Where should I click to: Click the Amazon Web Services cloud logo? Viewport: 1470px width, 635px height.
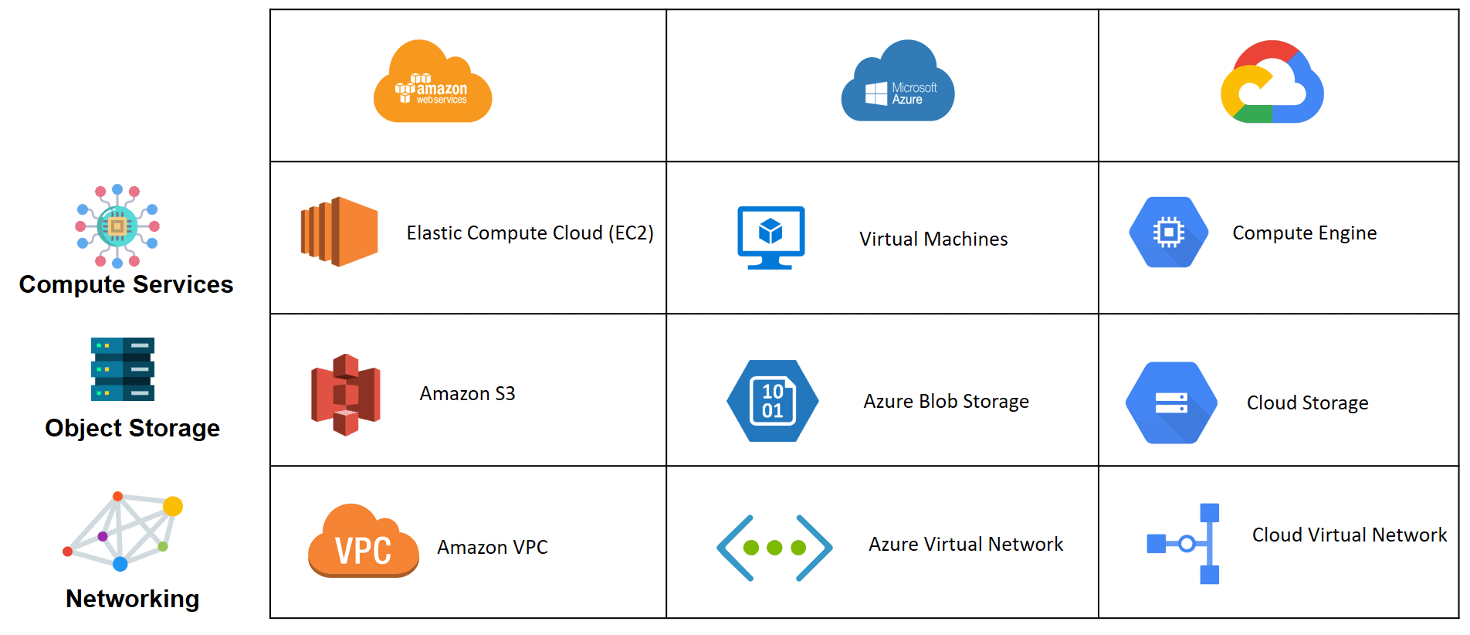(x=432, y=83)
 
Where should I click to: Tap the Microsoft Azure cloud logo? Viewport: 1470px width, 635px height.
(x=897, y=83)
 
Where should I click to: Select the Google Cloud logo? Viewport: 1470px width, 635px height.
(x=1272, y=83)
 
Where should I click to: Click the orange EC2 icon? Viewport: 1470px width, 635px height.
(x=339, y=232)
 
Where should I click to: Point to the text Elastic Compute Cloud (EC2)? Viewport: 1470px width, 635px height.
(x=530, y=233)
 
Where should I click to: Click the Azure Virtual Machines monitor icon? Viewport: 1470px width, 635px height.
(x=771, y=236)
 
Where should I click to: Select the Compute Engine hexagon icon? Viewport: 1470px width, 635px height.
(x=1168, y=233)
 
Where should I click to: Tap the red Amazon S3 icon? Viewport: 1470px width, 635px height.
(x=345, y=395)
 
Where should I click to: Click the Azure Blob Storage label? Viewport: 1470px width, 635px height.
(x=946, y=402)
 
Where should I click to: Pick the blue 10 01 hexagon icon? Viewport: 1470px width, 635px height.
(x=772, y=401)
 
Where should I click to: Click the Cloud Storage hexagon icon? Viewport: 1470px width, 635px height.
(x=1171, y=402)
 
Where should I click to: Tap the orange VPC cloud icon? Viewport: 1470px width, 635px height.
(x=363, y=542)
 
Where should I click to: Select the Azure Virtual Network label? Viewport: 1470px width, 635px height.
(x=965, y=545)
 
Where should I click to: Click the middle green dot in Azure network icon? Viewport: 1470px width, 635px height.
(x=774, y=548)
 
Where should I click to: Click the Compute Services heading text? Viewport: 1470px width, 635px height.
(x=126, y=284)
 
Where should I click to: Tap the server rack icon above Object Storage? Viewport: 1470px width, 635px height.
(x=122, y=369)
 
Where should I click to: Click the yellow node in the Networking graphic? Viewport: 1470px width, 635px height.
(x=173, y=506)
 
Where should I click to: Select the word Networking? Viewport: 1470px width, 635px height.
(x=132, y=599)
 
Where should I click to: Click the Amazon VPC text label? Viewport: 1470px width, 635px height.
(x=492, y=548)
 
